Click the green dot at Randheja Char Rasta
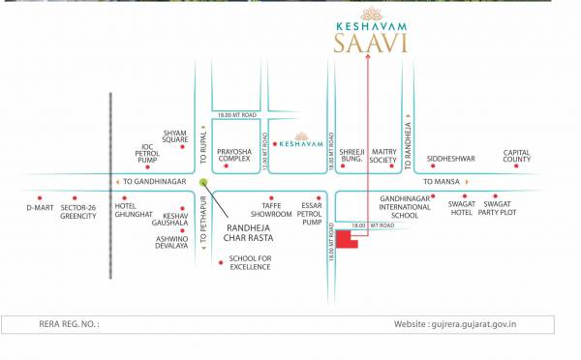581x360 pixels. [203, 181]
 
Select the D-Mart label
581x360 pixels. [40, 207]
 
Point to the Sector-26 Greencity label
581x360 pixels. [78, 211]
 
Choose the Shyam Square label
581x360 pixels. [175, 135]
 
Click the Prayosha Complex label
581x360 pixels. [233, 155]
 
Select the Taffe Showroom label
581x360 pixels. [272, 210]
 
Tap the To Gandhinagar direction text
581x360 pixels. [156, 181]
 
